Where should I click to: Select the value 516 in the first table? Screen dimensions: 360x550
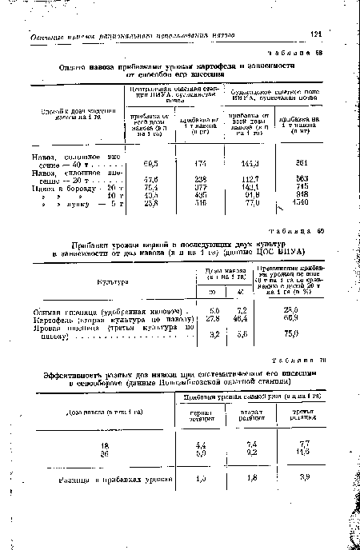click(x=200, y=205)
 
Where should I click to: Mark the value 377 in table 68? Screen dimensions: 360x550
click(x=200, y=188)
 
